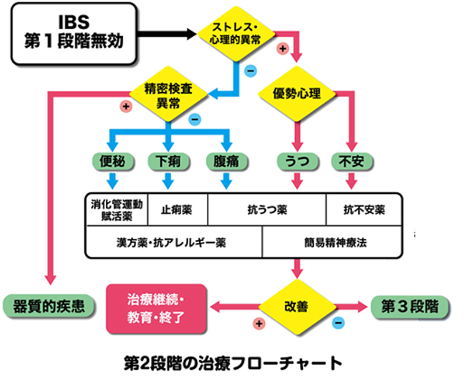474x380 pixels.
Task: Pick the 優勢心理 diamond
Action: (x=297, y=93)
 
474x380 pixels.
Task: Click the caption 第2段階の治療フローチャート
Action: (x=233, y=363)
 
